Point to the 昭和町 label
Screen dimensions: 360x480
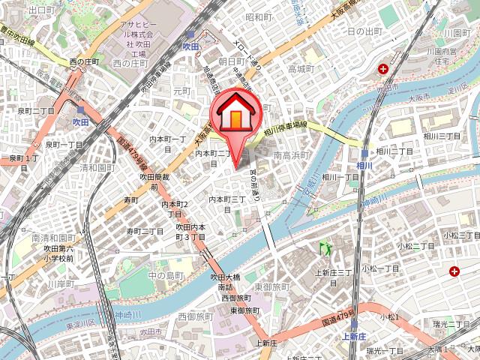click(x=258, y=16)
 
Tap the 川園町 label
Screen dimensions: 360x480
click(x=456, y=34)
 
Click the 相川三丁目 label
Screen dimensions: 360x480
click(x=442, y=136)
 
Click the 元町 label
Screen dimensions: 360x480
click(x=181, y=91)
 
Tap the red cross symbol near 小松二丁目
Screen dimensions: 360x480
click(x=454, y=271)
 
